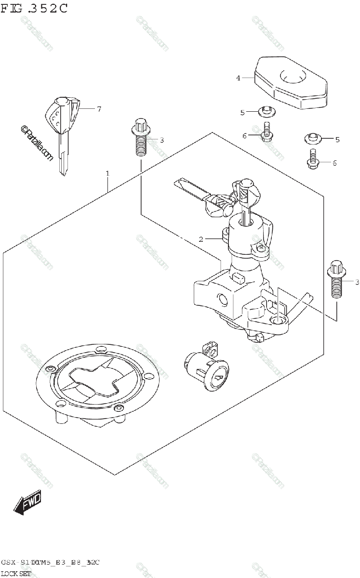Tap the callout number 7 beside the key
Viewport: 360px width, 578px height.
(x=99, y=109)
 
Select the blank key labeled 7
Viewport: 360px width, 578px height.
(x=61, y=130)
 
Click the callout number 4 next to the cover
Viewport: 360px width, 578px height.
(x=238, y=78)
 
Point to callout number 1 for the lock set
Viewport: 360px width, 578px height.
(x=107, y=173)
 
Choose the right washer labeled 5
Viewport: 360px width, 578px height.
(x=312, y=139)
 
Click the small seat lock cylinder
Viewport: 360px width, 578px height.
(x=206, y=368)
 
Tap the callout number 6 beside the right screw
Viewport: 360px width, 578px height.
(x=334, y=163)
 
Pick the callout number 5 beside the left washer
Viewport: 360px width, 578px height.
(x=243, y=112)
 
